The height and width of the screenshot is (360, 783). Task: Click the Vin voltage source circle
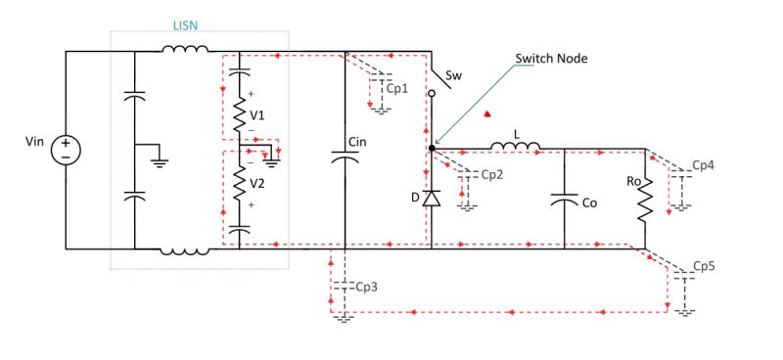[65, 149]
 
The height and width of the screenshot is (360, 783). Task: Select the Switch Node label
[551, 58]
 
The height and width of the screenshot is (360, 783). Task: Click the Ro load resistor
[646, 199]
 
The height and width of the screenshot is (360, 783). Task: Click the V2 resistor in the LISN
[239, 182]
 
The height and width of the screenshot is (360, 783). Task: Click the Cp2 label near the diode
[492, 175]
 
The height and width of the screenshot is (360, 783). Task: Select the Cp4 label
[703, 165]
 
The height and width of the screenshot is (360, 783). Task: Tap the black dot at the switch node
[432, 149]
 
